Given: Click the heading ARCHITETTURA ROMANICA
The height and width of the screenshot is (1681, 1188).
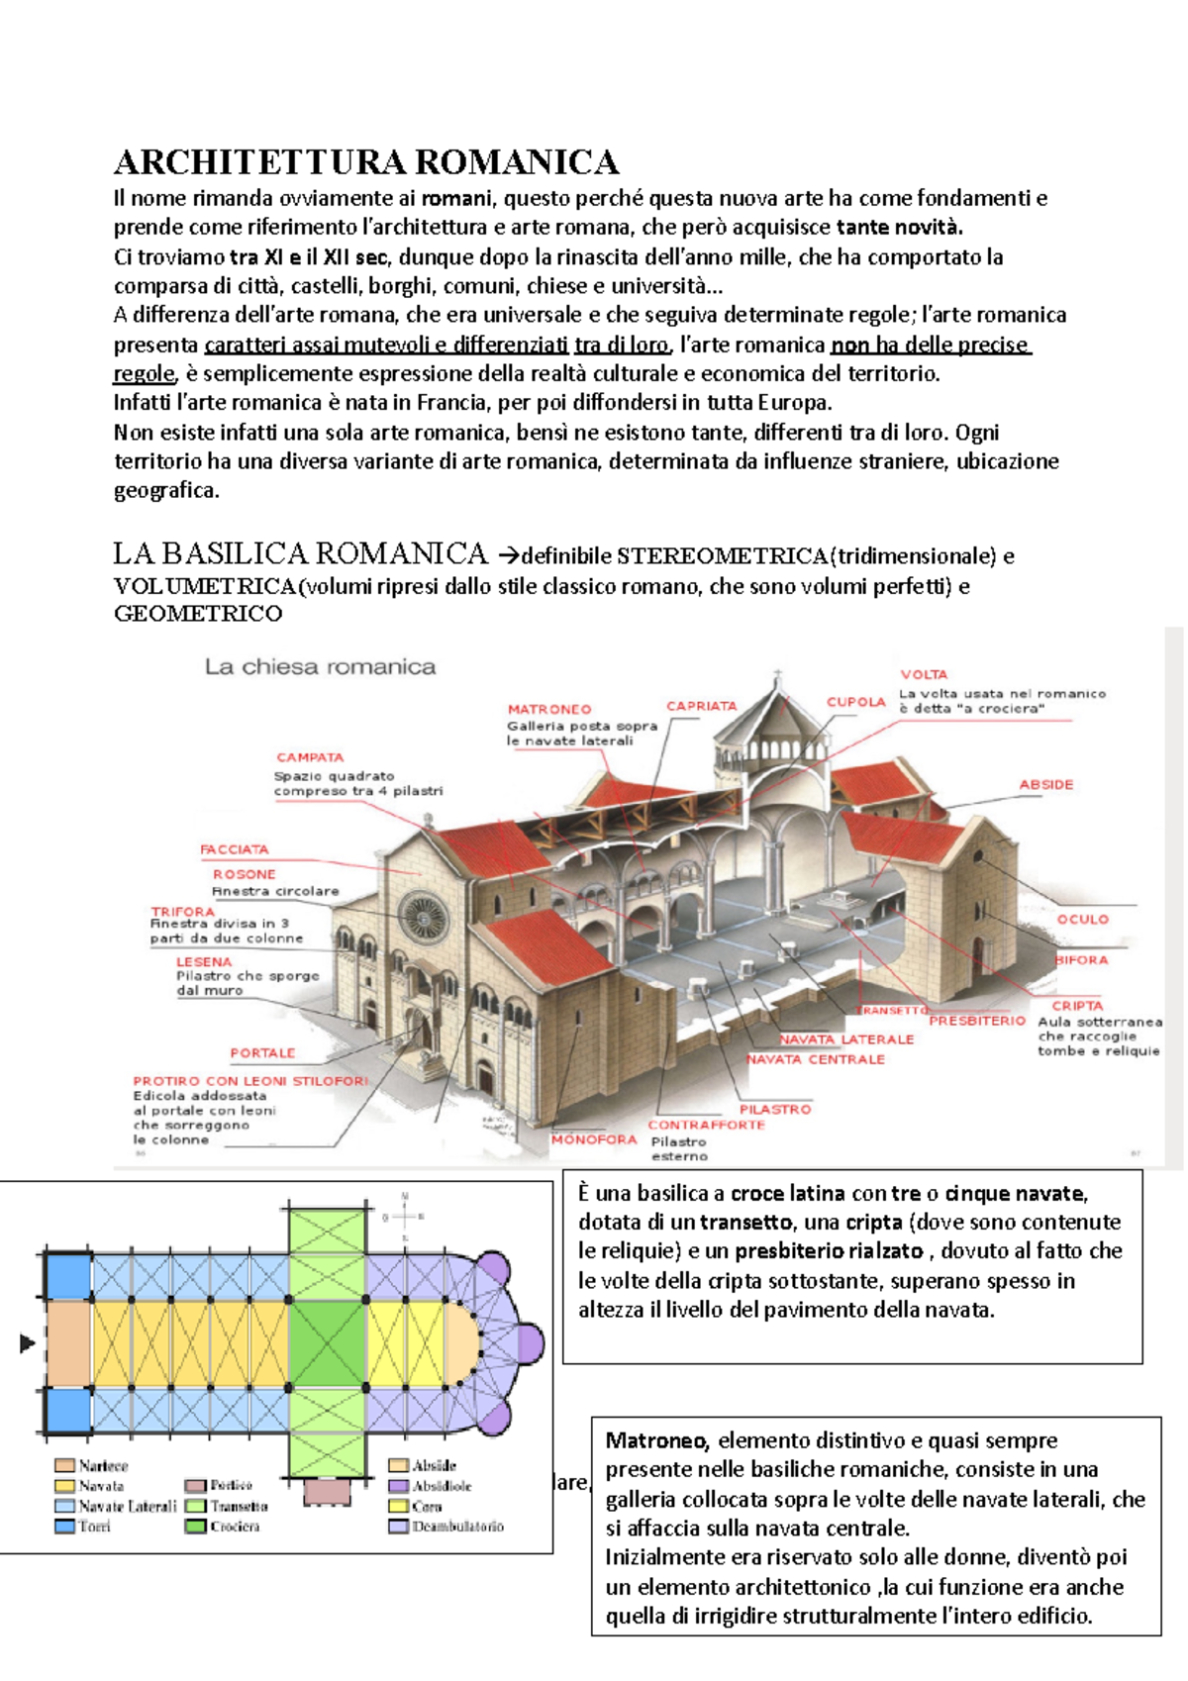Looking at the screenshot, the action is tap(366, 162).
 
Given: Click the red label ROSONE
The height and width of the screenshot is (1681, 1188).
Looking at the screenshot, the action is tap(244, 874).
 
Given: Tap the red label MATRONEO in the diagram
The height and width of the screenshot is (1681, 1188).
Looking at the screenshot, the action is tap(548, 709).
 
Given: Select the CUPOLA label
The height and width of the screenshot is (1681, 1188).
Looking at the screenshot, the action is tap(855, 702).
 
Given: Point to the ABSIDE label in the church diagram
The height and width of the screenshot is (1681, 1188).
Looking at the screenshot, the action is tap(1045, 784).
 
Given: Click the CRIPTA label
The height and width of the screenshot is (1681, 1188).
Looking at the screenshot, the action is tap(1076, 1005).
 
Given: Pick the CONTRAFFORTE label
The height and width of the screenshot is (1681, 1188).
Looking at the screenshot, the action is tap(706, 1125).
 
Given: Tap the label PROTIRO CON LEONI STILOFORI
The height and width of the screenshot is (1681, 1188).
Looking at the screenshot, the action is tap(250, 1081).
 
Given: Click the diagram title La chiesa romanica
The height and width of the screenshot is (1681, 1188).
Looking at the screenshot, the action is tap(320, 666).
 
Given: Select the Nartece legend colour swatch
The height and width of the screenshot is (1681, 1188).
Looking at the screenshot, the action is tap(65, 1465).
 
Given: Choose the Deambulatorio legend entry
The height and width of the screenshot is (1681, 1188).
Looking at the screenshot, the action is tap(456, 1527).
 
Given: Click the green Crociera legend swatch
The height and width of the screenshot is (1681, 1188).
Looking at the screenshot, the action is tap(195, 1527).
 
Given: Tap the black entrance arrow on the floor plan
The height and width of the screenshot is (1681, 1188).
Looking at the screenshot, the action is tap(27, 1343).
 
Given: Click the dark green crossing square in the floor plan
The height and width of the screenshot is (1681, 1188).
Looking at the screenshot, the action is tap(327, 1343).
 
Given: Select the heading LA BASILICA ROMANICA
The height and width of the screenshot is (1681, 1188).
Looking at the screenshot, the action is tap(300, 553).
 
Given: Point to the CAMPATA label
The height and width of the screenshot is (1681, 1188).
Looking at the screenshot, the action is tap(310, 757).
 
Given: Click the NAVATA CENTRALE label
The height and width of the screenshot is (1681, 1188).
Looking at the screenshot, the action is tap(815, 1059).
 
